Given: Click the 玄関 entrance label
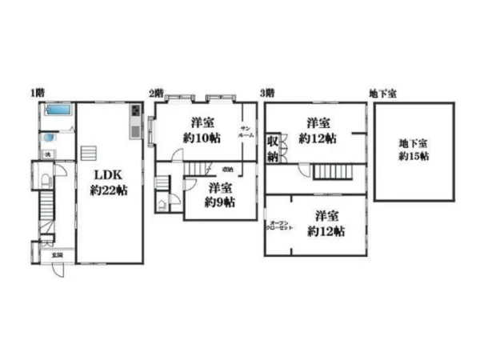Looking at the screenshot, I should (57, 255).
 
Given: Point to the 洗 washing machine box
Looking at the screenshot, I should (47, 154).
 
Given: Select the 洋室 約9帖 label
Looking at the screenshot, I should (218, 194).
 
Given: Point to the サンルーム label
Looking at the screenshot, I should (246, 134).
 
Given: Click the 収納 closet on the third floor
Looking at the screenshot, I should (273, 148).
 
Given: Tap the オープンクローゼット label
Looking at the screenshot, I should (279, 226).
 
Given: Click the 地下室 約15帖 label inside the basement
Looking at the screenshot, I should (414, 150).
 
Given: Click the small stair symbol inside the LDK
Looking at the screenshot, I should (90, 152).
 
